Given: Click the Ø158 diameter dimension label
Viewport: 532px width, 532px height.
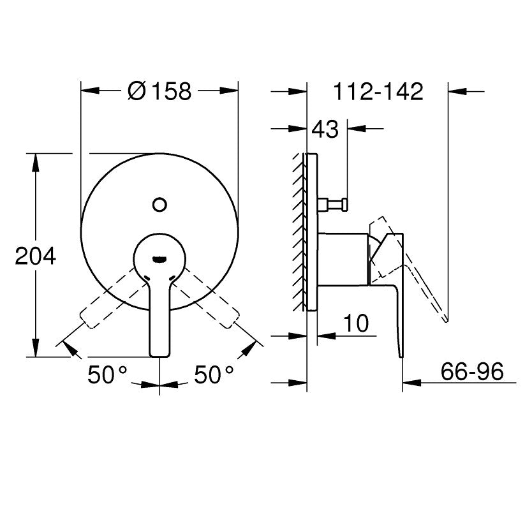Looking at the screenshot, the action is click(x=159, y=91).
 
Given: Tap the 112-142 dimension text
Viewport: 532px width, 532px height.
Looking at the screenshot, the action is click(x=378, y=91).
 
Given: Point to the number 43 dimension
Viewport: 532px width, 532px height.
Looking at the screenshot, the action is click(x=325, y=129).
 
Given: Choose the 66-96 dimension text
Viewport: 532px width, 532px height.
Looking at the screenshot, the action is click(x=472, y=371).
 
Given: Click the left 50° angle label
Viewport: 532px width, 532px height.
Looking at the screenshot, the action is click(x=107, y=374).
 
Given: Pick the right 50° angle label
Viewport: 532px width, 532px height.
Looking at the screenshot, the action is click(x=214, y=374).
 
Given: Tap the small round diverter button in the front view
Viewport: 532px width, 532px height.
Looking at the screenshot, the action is click(x=159, y=205).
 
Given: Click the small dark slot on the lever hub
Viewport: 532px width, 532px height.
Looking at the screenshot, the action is click(x=159, y=260).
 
